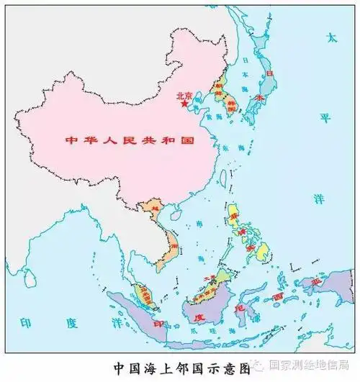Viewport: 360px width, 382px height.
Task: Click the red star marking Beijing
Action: point(184,105)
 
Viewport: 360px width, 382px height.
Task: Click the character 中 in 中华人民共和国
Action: point(71,139)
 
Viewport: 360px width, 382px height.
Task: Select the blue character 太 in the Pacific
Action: point(331,37)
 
